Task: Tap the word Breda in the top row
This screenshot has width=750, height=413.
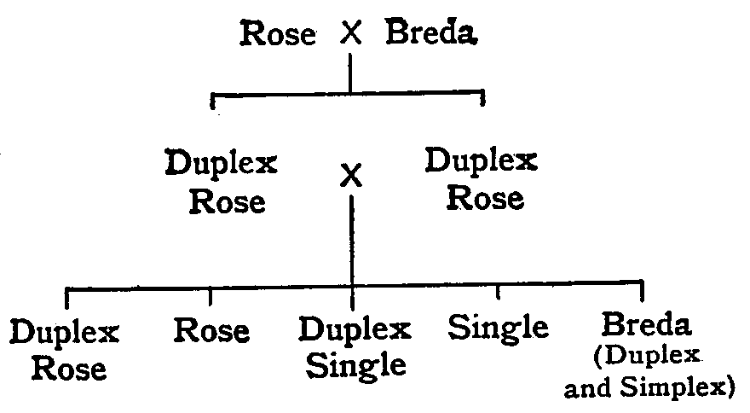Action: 430,34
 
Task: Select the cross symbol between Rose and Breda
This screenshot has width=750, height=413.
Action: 351,34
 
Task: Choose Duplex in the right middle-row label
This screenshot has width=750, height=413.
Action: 482,160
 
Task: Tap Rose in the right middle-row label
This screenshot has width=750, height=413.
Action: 484,198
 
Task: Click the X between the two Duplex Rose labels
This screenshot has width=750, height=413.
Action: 351,177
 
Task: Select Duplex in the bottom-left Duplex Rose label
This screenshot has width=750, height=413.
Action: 65,333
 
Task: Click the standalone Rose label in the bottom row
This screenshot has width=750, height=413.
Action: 211,330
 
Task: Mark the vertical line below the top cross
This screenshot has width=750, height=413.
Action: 350,72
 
